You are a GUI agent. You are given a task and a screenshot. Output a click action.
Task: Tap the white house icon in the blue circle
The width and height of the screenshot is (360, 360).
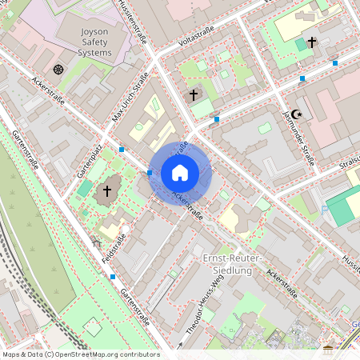pos(180,173)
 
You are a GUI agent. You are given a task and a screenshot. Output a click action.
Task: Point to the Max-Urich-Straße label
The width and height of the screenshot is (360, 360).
pos(130,100)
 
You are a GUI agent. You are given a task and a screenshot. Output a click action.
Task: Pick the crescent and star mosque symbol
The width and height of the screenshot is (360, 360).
pos(296,114)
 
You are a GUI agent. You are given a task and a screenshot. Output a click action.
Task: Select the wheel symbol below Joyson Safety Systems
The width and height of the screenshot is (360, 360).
pos(58,70)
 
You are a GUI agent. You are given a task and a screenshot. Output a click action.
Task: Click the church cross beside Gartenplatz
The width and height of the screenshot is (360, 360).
pos(107,191)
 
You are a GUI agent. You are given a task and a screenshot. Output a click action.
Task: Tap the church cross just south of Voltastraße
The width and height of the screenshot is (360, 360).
pos(193,94)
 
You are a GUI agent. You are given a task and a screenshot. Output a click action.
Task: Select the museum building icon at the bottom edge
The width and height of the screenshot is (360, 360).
pos(328,350)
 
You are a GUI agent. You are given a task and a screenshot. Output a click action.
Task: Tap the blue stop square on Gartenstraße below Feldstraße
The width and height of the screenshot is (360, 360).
pos(113,277)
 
